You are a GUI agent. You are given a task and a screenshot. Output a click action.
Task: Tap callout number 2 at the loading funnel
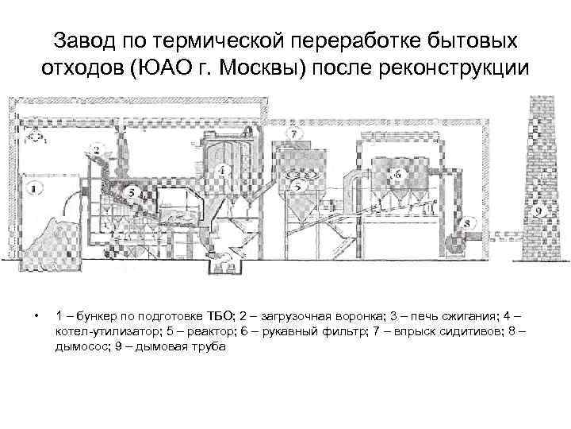pos(96,149)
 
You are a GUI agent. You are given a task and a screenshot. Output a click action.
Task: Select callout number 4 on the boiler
pos(224,169)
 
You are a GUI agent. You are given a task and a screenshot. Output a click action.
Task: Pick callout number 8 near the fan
pos(466,224)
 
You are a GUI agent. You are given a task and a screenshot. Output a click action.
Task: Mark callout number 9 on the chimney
pos(538,212)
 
